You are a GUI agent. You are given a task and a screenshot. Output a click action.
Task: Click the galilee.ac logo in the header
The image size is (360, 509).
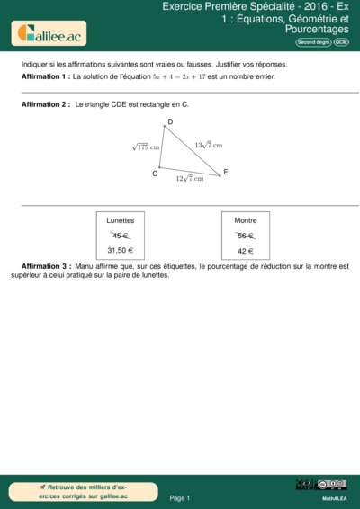tap(49, 34)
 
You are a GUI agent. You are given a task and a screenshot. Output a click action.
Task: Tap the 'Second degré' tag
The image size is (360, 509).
tap(312, 42)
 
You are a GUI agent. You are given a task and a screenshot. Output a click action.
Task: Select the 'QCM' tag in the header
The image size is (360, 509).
tap(341, 42)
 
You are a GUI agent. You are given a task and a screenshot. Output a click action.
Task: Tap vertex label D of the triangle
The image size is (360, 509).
tap(170, 122)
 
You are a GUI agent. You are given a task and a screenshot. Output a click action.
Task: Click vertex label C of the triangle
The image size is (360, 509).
tap(155, 174)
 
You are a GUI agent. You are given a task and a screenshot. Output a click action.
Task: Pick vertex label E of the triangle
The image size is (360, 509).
tap(225, 172)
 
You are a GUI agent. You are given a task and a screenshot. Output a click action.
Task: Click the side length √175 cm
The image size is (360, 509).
tap(145, 147)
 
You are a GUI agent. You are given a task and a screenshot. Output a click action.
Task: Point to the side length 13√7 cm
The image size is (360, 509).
tap(208, 144)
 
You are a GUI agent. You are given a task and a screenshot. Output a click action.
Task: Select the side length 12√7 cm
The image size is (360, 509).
tap(189, 178)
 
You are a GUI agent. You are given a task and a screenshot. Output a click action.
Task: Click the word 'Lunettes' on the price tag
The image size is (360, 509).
tap(121, 220)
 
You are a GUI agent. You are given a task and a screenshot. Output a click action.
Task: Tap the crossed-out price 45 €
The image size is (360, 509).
tap(121, 236)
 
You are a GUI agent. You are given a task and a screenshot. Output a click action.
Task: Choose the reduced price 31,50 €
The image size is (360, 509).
tap(121, 250)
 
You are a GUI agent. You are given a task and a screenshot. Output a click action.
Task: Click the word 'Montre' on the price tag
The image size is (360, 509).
tap(246, 220)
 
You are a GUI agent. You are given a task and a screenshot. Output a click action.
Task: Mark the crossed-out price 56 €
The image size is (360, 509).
tap(246, 236)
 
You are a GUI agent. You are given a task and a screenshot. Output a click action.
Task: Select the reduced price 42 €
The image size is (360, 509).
tap(246, 250)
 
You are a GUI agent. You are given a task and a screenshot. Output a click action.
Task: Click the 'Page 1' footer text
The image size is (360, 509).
tap(180, 497)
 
